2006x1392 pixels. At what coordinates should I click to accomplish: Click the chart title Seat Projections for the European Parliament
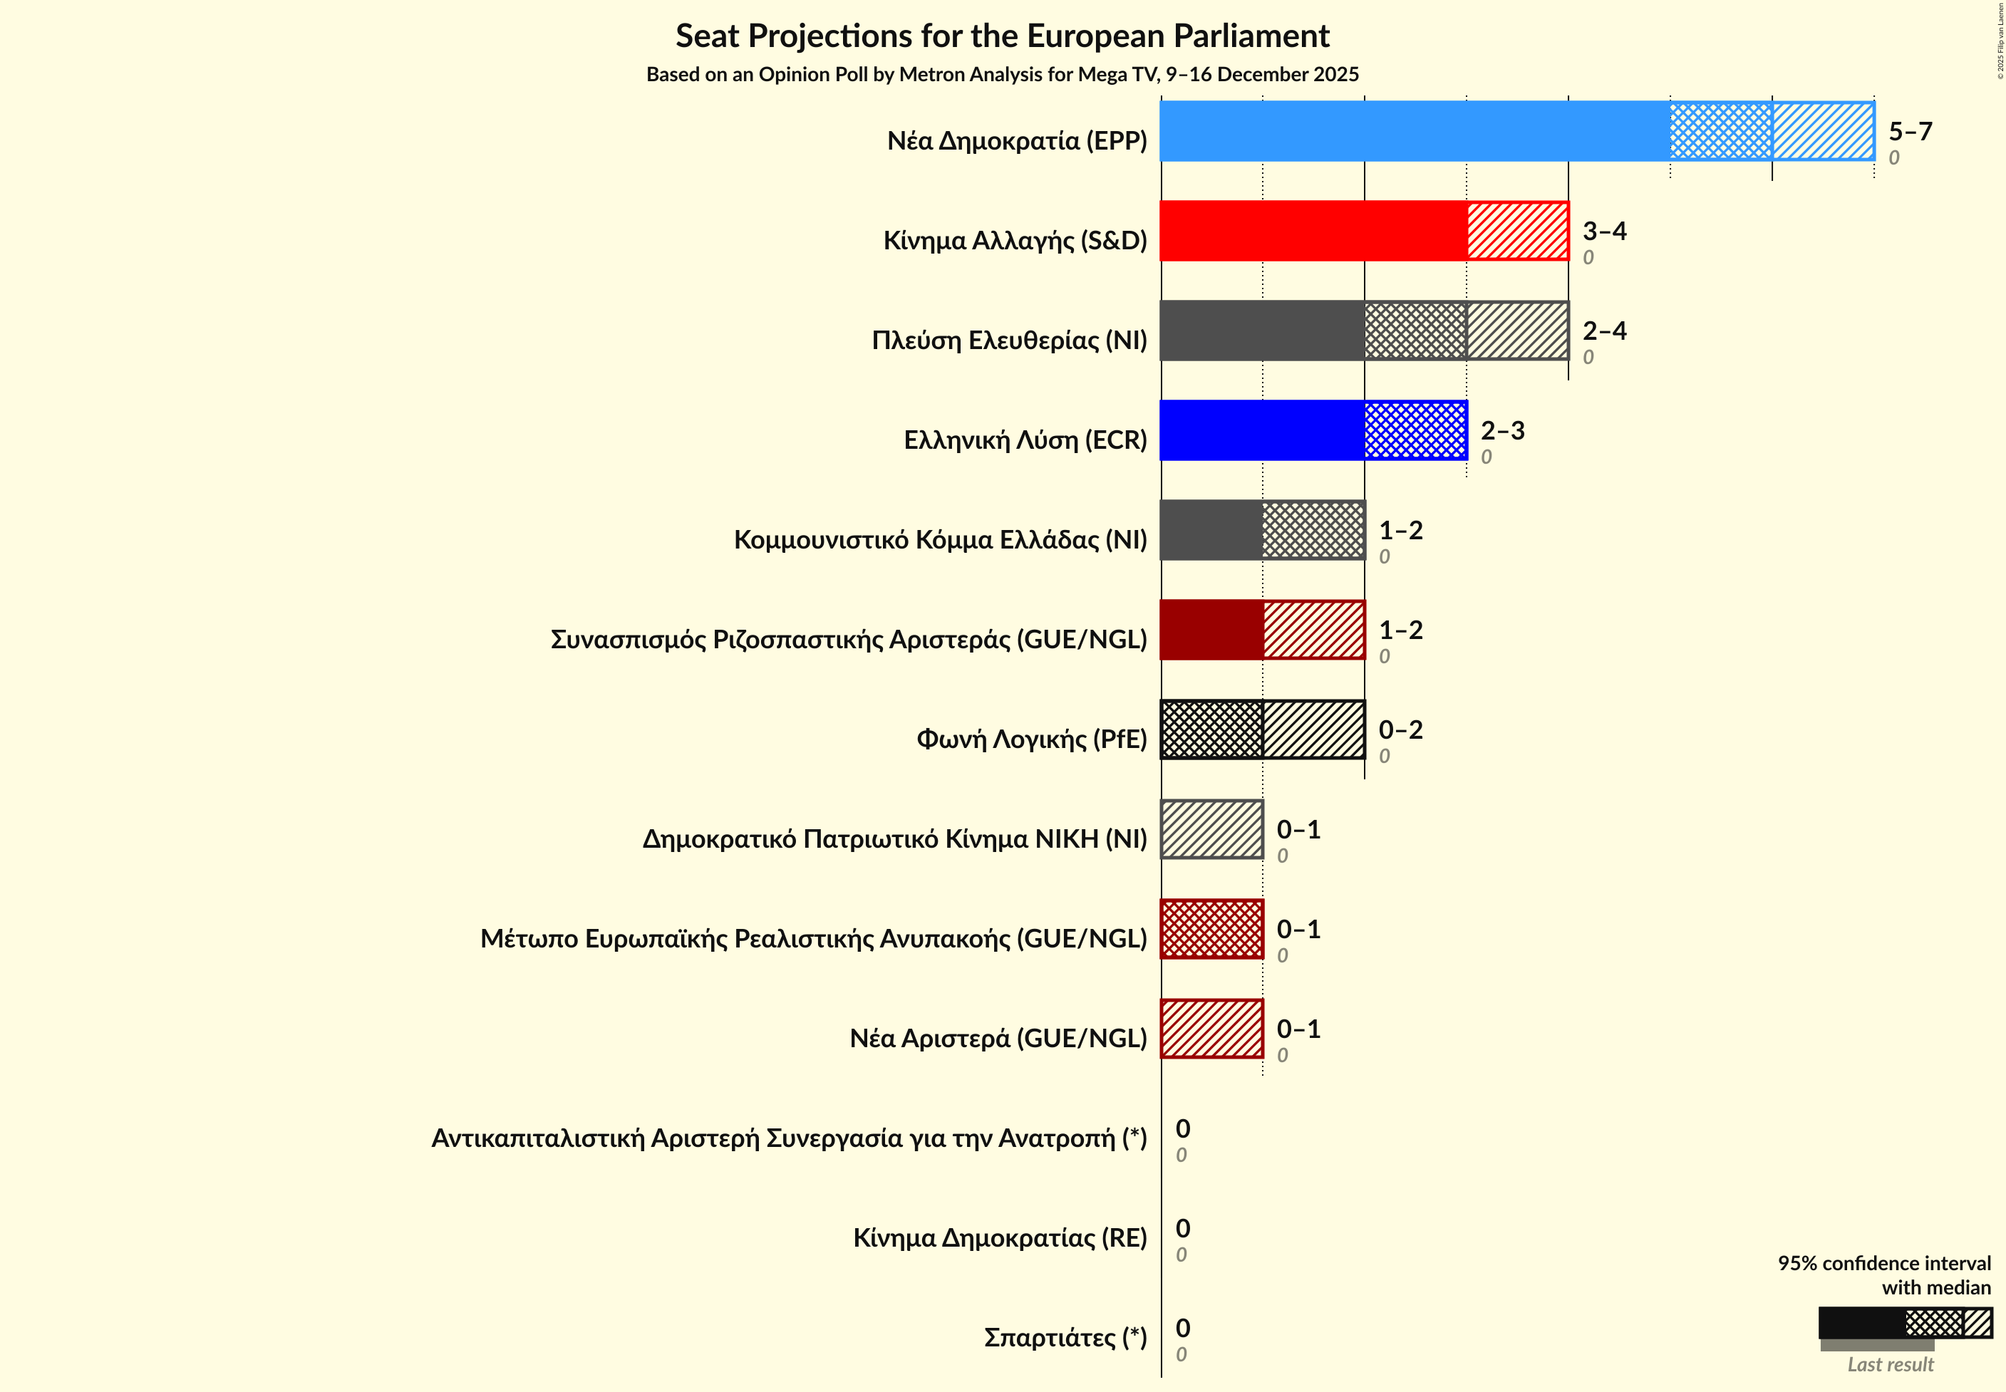[x=1002, y=36]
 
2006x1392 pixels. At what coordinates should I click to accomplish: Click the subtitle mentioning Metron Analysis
[x=1002, y=75]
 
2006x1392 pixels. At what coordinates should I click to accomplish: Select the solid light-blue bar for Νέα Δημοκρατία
[x=1414, y=132]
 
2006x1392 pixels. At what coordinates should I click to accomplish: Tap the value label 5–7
[x=1910, y=132]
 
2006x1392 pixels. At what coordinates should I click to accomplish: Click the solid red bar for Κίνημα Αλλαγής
[x=1313, y=231]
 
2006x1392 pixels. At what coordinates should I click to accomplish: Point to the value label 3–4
[x=1604, y=231]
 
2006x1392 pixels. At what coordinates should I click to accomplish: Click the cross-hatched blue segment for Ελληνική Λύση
[x=1415, y=430]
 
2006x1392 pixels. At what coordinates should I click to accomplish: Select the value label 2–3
[x=1501, y=431]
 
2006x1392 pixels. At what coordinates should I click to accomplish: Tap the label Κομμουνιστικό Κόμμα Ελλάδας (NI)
[x=940, y=540]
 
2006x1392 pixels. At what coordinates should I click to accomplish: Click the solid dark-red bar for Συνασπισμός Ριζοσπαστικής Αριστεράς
[x=1211, y=630]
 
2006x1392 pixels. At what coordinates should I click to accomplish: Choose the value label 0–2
[x=1400, y=730]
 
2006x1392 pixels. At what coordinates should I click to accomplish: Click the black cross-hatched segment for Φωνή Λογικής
[x=1211, y=729]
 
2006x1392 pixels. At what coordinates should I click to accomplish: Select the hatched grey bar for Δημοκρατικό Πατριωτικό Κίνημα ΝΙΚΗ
[x=1211, y=829]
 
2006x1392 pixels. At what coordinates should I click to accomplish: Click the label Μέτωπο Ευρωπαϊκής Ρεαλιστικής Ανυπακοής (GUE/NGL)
[x=813, y=938]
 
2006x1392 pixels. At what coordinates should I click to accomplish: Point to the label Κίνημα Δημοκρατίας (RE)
[x=999, y=1237]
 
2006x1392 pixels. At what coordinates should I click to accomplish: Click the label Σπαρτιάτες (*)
[x=1065, y=1337]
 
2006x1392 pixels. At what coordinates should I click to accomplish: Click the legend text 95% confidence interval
[x=1884, y=1263]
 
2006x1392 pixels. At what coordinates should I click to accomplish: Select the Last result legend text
[x=1890, y=1365]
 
